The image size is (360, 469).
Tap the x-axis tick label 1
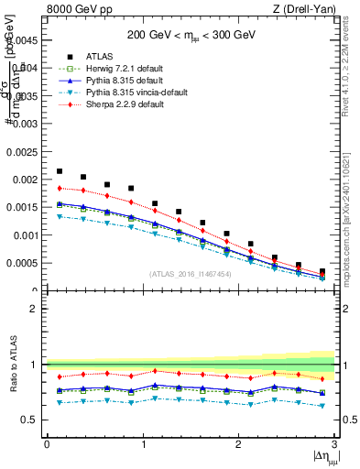coord(143,444)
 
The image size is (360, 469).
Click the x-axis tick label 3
coord(333,444)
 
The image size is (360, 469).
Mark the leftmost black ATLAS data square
coord(60,171)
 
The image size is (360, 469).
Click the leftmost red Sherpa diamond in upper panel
coord(60,188)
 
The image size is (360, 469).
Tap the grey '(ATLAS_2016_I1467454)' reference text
coord(190,274)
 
